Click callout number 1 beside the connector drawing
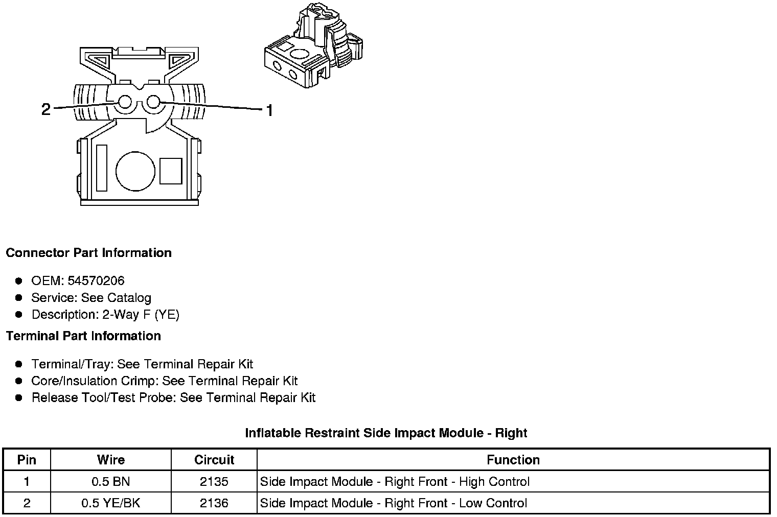pyautogui.click(x=269, y=110)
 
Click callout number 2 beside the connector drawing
pyautogui.click(x=46, y=109)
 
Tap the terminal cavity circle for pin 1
pyautogui.click(x=153, y=102)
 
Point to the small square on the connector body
pyautogui.click(x=171, y=171)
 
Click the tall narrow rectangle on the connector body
pyautogui.click(x=102, y=168)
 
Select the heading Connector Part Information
pyautogui.click(x=88, y=253)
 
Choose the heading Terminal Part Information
pyautogui.click(x=83, y=336)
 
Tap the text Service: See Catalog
pyautogui.click(x=91, y=298)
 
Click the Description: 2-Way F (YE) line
pyautogui.click(x=105, y=315)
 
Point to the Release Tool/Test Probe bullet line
pyautogui.click(x=173, y=397)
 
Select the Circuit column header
pyautogui.click(x=214, y=460)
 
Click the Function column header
pyautogui.click(x=513, y=460)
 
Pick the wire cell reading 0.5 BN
pyautogui.click(x=110, y=481)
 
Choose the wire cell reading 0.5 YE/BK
pyautogui.click(x=110, y=503)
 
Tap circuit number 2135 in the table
pyautogui.click(x=214, y=481)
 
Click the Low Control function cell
pyautogui.click(x=394, y=503)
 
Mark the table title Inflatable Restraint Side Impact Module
pyautogui.click(x=386, y=433)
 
